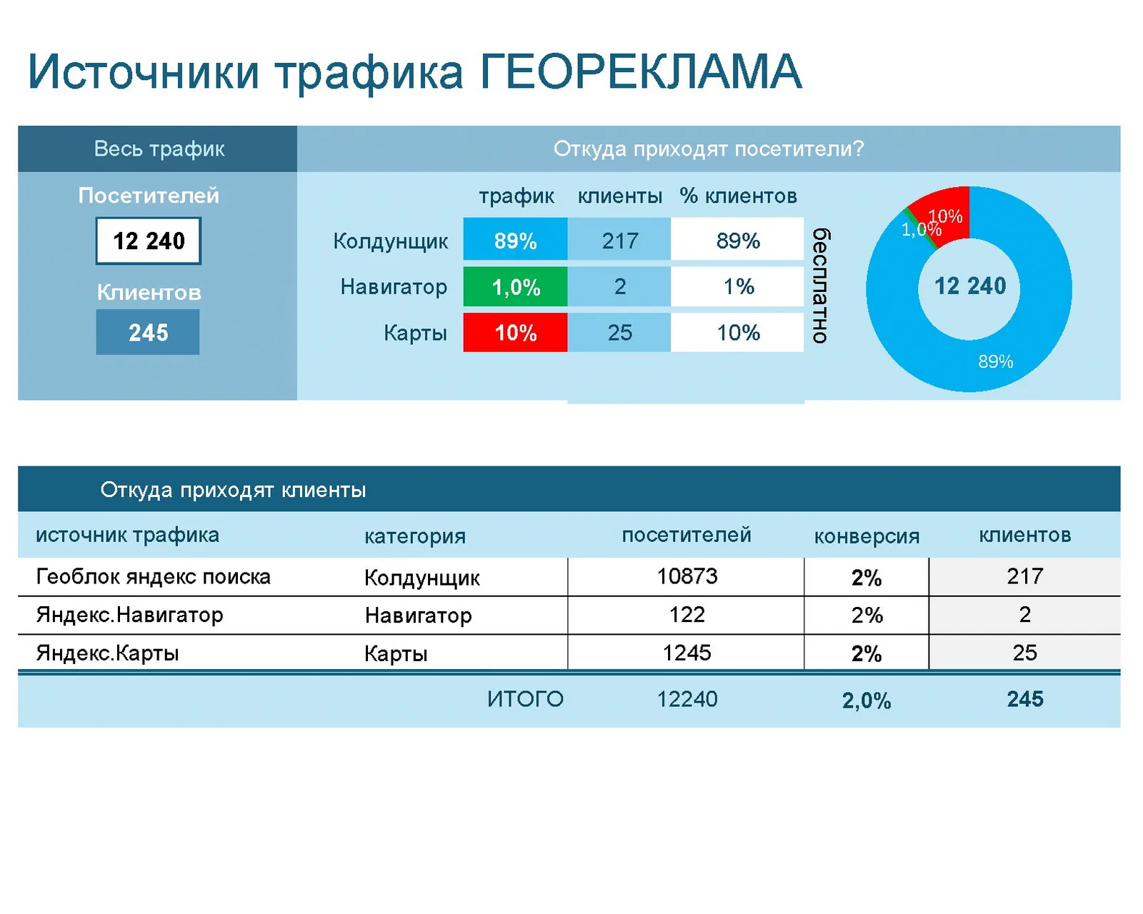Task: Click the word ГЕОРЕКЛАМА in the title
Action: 640,71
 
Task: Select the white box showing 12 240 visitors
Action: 148,241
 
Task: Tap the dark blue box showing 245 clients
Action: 148,332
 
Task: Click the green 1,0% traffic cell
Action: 515,287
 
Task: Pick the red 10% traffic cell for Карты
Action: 515,333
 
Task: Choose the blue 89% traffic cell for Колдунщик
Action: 515,240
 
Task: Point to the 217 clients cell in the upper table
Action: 619,240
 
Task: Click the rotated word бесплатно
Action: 821,286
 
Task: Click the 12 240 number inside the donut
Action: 970,286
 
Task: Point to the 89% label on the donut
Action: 995,361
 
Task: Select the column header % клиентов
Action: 738,196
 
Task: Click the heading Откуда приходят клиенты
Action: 233,490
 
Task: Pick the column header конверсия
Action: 867,536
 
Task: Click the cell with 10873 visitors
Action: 687,576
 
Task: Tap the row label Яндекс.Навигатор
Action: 129,615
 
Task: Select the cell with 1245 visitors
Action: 687,653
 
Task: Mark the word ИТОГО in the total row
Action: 525,699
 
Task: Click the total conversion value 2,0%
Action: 867,700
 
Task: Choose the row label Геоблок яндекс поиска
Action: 154,577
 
